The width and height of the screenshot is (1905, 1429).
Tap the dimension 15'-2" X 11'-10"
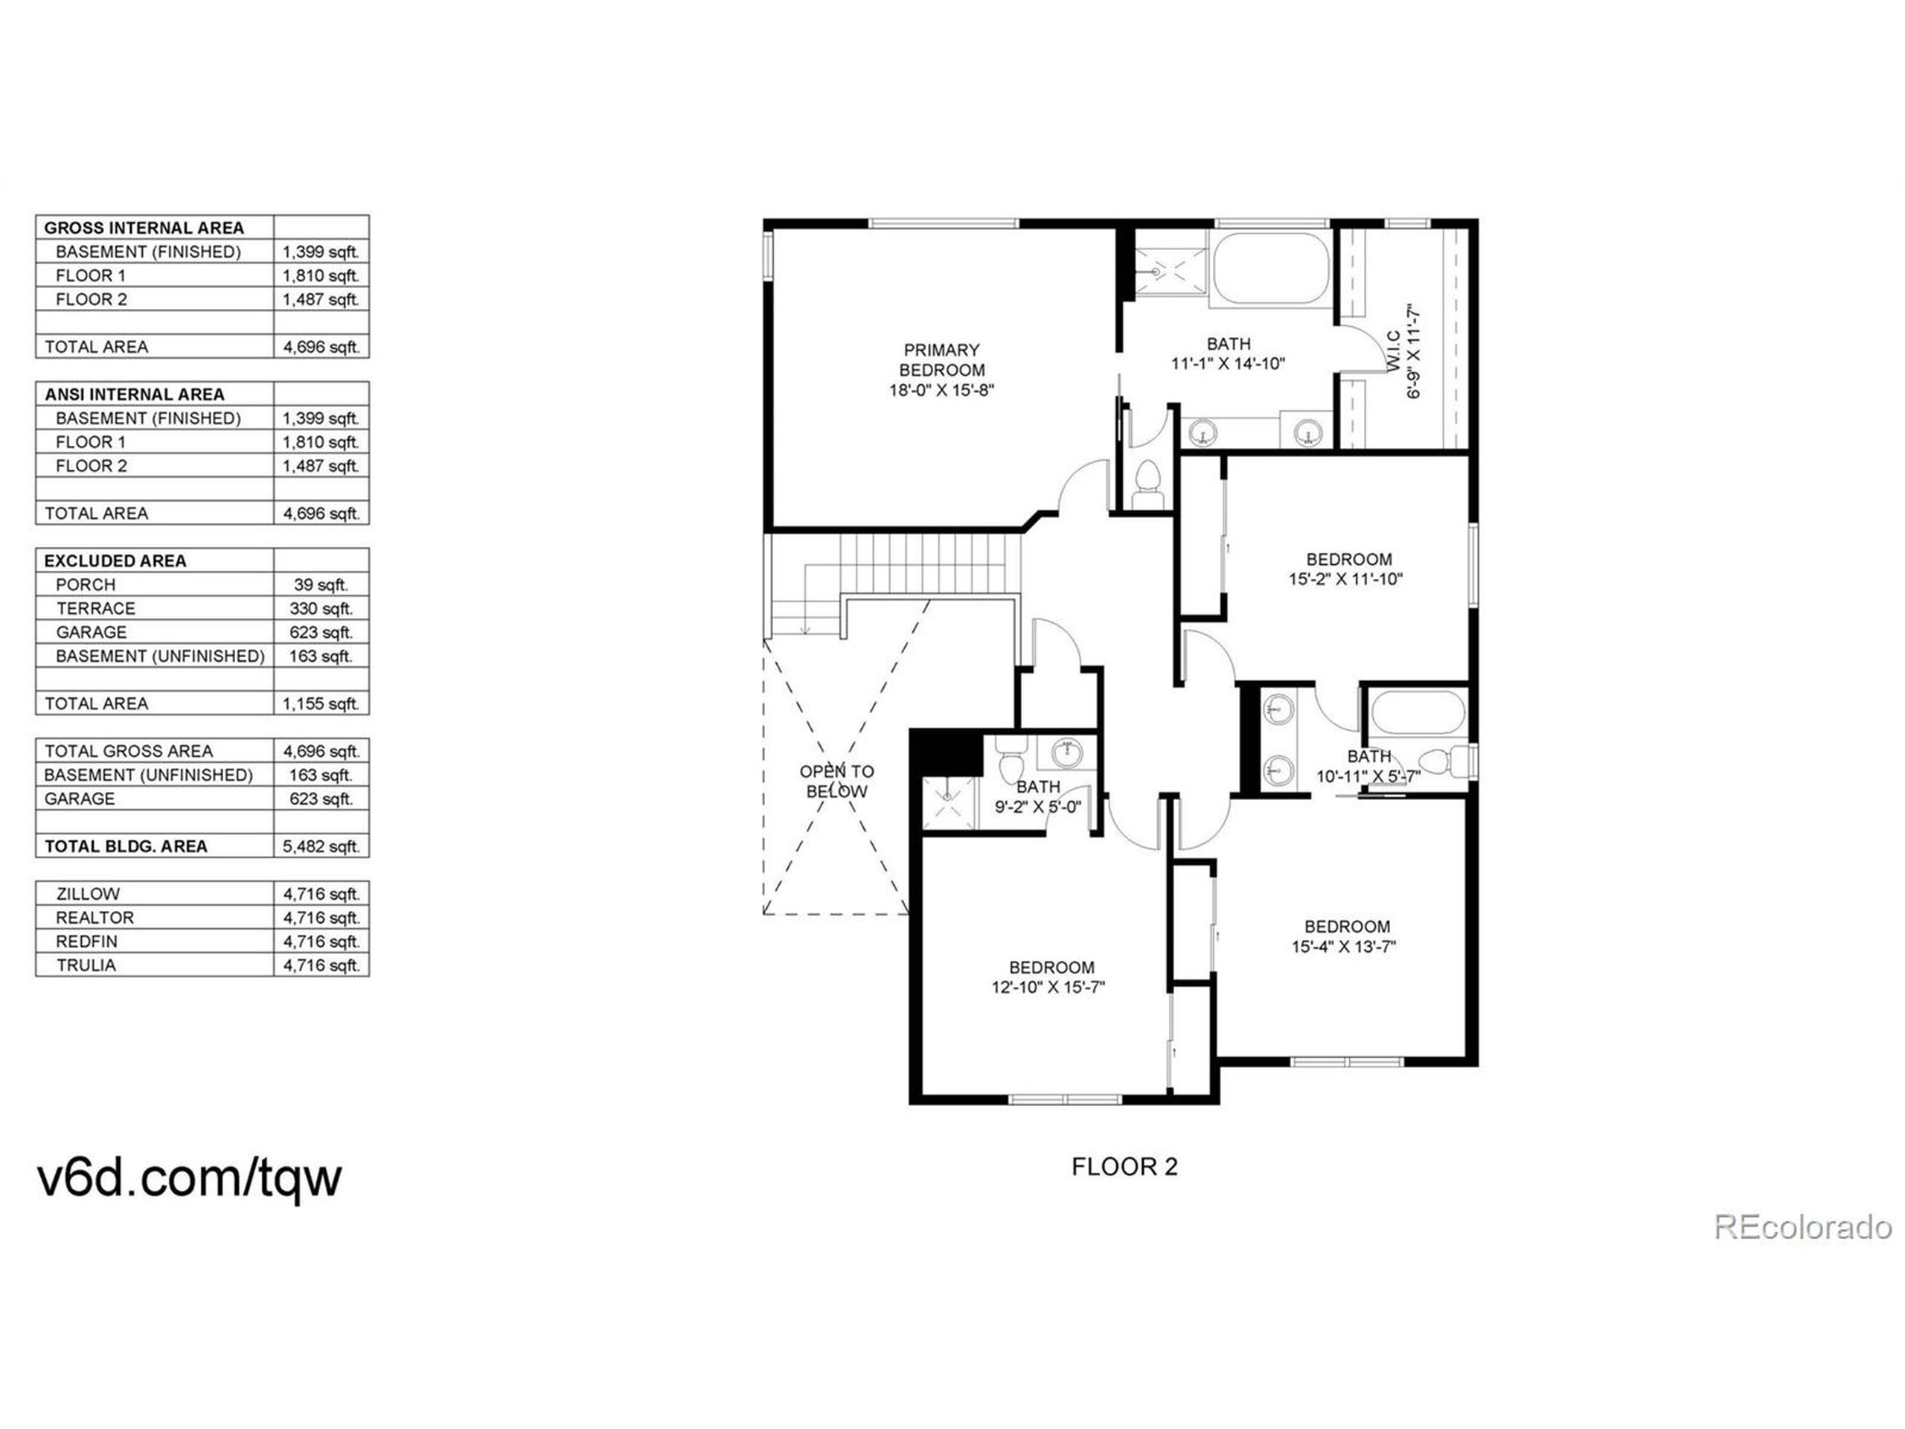(x=1345, y=580)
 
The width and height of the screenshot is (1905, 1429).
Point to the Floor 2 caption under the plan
(x=1124, y=1166)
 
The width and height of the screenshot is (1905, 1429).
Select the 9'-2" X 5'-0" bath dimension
(x=1038, y=807)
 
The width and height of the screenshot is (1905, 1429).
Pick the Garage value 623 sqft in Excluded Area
(x=321, y=632)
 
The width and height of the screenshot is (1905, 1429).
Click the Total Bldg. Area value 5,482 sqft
(x=321, y=845)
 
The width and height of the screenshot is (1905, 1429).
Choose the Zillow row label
(x=87, y=893)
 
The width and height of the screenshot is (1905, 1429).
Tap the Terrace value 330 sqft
(x=321, y=608)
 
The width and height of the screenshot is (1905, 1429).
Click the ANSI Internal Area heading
(x=135, y=394)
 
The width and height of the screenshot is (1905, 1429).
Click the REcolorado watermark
(x=1802, y=1227)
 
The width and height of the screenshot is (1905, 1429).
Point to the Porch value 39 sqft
(x=321, y=584)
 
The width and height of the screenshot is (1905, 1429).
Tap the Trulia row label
(x=86, y=965)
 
